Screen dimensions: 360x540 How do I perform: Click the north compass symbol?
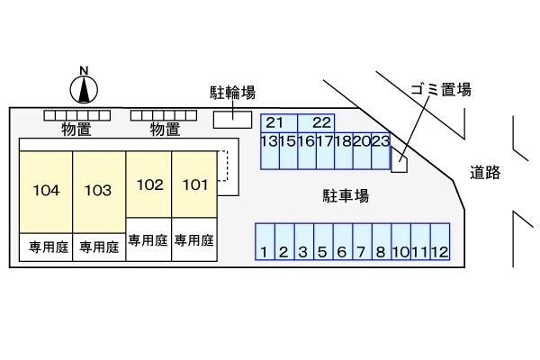[x=84, y=87]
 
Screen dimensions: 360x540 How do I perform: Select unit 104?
[x=46, y=191]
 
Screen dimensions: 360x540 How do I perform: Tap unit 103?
[x=98, y=191]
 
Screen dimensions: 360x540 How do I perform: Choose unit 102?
[x=149, y=184]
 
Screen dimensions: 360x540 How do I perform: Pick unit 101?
[x=194, y=184]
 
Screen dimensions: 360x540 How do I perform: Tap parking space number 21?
[x=275, y=122]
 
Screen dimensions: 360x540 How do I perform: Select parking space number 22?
[x=321, y=122]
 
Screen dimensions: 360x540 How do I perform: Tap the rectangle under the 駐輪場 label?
[x=233, y=119]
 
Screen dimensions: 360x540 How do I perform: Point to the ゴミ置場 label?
[x=441, y=88]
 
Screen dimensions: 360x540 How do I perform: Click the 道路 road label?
[x=486, y=173]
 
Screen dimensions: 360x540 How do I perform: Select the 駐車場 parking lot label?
[x=346, y=194]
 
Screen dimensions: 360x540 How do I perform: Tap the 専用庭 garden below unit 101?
[x=194, y=240]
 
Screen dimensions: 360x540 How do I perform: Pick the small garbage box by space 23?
[x=400, y=164]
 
